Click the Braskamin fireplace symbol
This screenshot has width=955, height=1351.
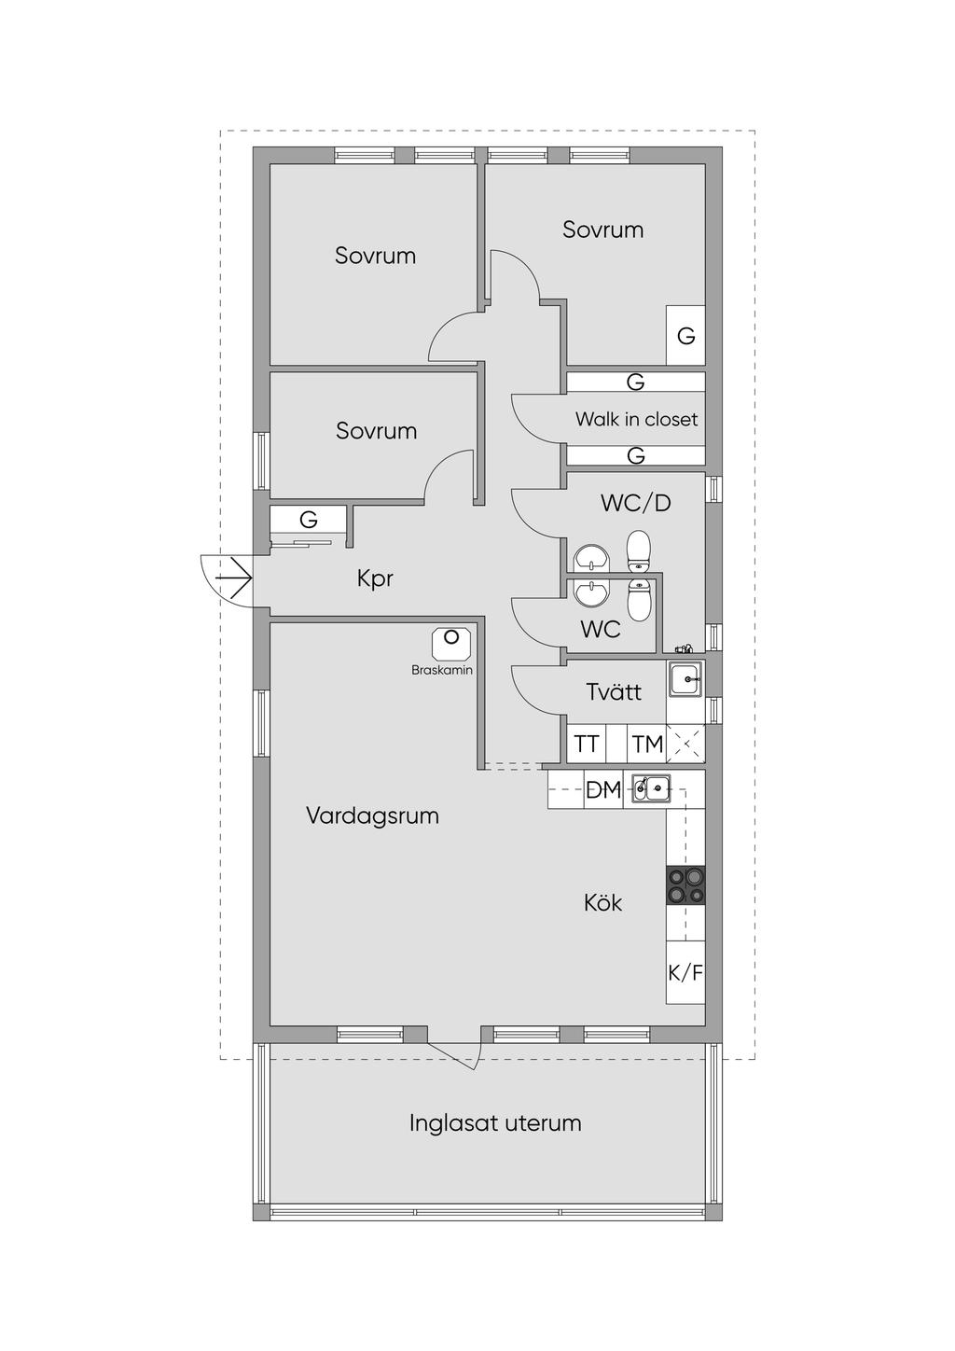tap(450, 644)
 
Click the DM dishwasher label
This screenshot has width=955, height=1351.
tap(603, 789)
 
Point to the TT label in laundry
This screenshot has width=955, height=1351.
tap(586, 745)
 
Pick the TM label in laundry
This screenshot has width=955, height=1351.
tap(647, 745)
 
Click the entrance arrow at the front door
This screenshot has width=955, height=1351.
tap(233, 578)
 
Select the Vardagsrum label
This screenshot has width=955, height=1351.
tap(373, 816)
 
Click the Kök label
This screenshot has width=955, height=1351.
tap(602, 903)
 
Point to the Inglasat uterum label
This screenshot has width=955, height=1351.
tap(495, 1123)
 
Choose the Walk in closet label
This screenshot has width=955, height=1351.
tap(637, 419)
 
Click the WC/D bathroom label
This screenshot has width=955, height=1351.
tap(636, 502)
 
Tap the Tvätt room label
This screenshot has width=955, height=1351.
tap(614, 691)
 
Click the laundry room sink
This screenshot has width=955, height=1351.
tap(685, 679)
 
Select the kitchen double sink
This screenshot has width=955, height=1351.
tap(651, 788)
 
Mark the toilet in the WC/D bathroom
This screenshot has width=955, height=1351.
tap(638, 551)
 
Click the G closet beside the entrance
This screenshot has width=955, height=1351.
tap(308, 520)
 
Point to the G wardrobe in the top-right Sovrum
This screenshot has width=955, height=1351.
tap(685, 335)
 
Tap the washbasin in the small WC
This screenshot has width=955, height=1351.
tap(591, 594)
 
